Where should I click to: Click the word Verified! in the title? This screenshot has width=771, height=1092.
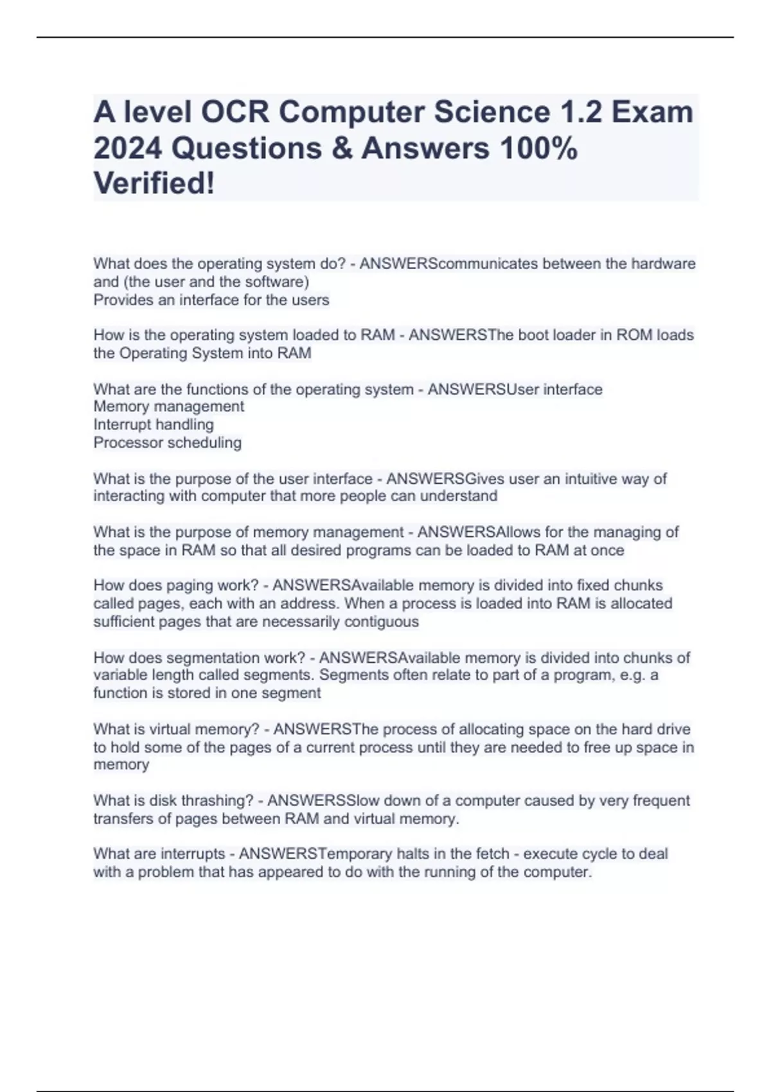(x=154, y=184)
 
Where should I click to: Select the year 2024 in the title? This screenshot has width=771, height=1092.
(x=127, y=148)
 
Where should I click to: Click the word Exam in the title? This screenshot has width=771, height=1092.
(x=652, y=112)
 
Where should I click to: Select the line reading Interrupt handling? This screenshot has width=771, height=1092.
(x=154, y=425)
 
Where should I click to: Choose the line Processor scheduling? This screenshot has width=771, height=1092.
(x=167, y=443)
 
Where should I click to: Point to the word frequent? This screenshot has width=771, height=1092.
(x=661, y=800)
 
